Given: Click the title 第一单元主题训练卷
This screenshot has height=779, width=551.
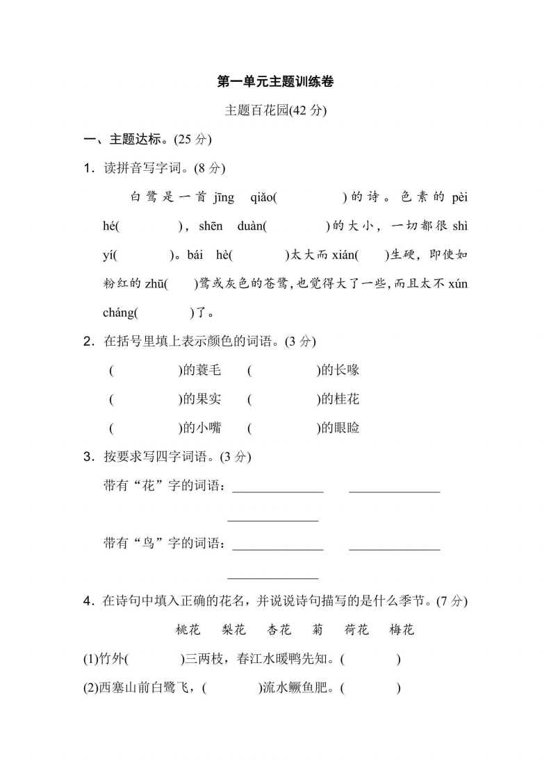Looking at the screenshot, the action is click(x=276, y=82).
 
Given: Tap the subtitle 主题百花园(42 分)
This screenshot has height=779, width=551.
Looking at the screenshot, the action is click(x=276, y=110).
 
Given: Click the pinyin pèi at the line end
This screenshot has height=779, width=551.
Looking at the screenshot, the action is click(x=459, y=197).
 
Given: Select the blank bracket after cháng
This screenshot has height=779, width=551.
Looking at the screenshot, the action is click(x=164, y=312).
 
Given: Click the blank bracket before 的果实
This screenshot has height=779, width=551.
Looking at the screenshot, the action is click(x=145, y=399).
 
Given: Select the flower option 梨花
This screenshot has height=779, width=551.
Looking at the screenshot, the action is click(x=233, y=630).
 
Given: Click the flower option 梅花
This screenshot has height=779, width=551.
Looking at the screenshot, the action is click(x=402, y=630).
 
